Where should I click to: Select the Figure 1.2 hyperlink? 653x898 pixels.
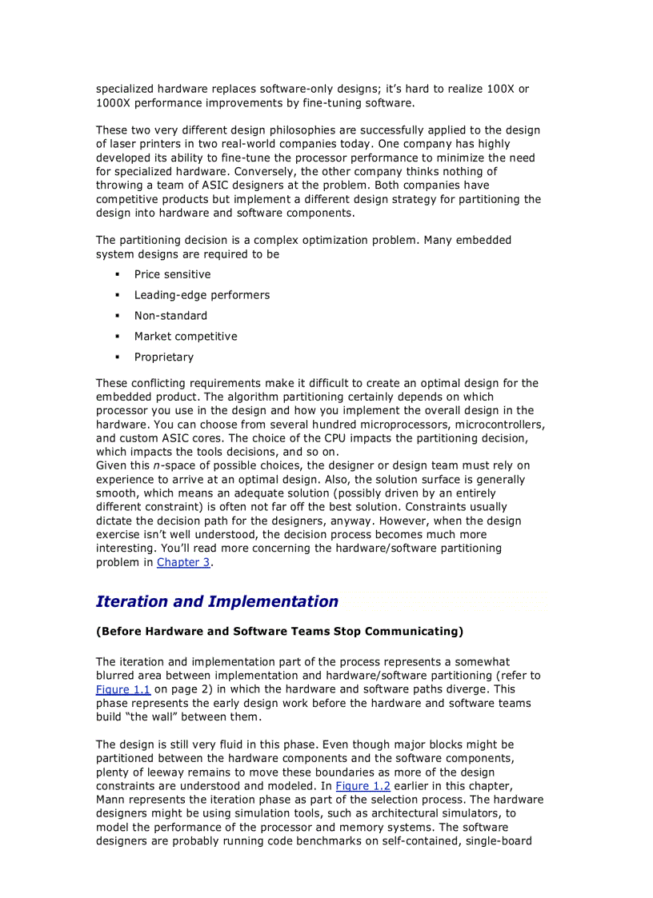point(363,786)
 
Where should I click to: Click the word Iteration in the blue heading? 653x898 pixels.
point(132,601)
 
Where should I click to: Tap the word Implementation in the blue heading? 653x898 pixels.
point(273,601)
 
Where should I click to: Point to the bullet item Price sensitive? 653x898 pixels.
point(172,274)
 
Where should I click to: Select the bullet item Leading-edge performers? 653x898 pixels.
point(202,295)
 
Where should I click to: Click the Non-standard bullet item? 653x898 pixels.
point(170,316)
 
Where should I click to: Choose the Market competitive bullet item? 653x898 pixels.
point(186,337)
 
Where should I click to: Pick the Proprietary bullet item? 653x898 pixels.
point(163,357)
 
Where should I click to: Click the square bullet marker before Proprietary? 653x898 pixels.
point(117,357)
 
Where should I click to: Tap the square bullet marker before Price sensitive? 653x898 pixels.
point(117,274)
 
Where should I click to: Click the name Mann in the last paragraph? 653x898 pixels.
point(112,800)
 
